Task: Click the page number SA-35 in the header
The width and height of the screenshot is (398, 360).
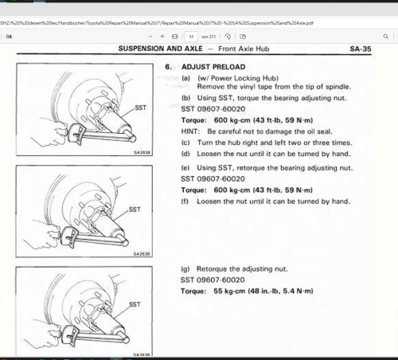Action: [x=361, y=49]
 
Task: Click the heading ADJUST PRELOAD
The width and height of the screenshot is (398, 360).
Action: [x=213, y=67]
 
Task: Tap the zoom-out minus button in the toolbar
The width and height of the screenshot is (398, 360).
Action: [x=150, y=37]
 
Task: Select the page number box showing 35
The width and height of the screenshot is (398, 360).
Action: [x=191, y=37]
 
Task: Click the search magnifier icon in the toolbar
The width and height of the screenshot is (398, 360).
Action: [x=385, y=37]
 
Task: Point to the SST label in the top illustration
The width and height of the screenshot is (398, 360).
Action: [x=141, y=108]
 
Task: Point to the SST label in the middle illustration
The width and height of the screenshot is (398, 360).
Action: [x=135, y=209]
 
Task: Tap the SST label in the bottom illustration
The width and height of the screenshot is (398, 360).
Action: [x=135, y=304]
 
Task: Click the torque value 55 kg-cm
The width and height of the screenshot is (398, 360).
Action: [x=229, y=292]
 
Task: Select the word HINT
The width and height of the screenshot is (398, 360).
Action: [x=190, y=131]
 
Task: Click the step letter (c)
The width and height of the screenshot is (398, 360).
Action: [x=185, y=143]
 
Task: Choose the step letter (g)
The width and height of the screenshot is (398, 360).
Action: [x=185, y=269]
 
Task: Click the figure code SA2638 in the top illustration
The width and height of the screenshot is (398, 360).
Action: [x=142, y=152]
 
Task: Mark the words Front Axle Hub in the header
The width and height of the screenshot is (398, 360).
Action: [x=244, y=49]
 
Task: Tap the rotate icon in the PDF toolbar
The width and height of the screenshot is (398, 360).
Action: [x=228, y=37]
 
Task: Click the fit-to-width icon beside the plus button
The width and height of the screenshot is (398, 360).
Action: [x=174, y=37]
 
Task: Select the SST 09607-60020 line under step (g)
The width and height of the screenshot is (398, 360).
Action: [x=213, y=280]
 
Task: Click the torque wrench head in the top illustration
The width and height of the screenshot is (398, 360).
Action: [x=76, y=134]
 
